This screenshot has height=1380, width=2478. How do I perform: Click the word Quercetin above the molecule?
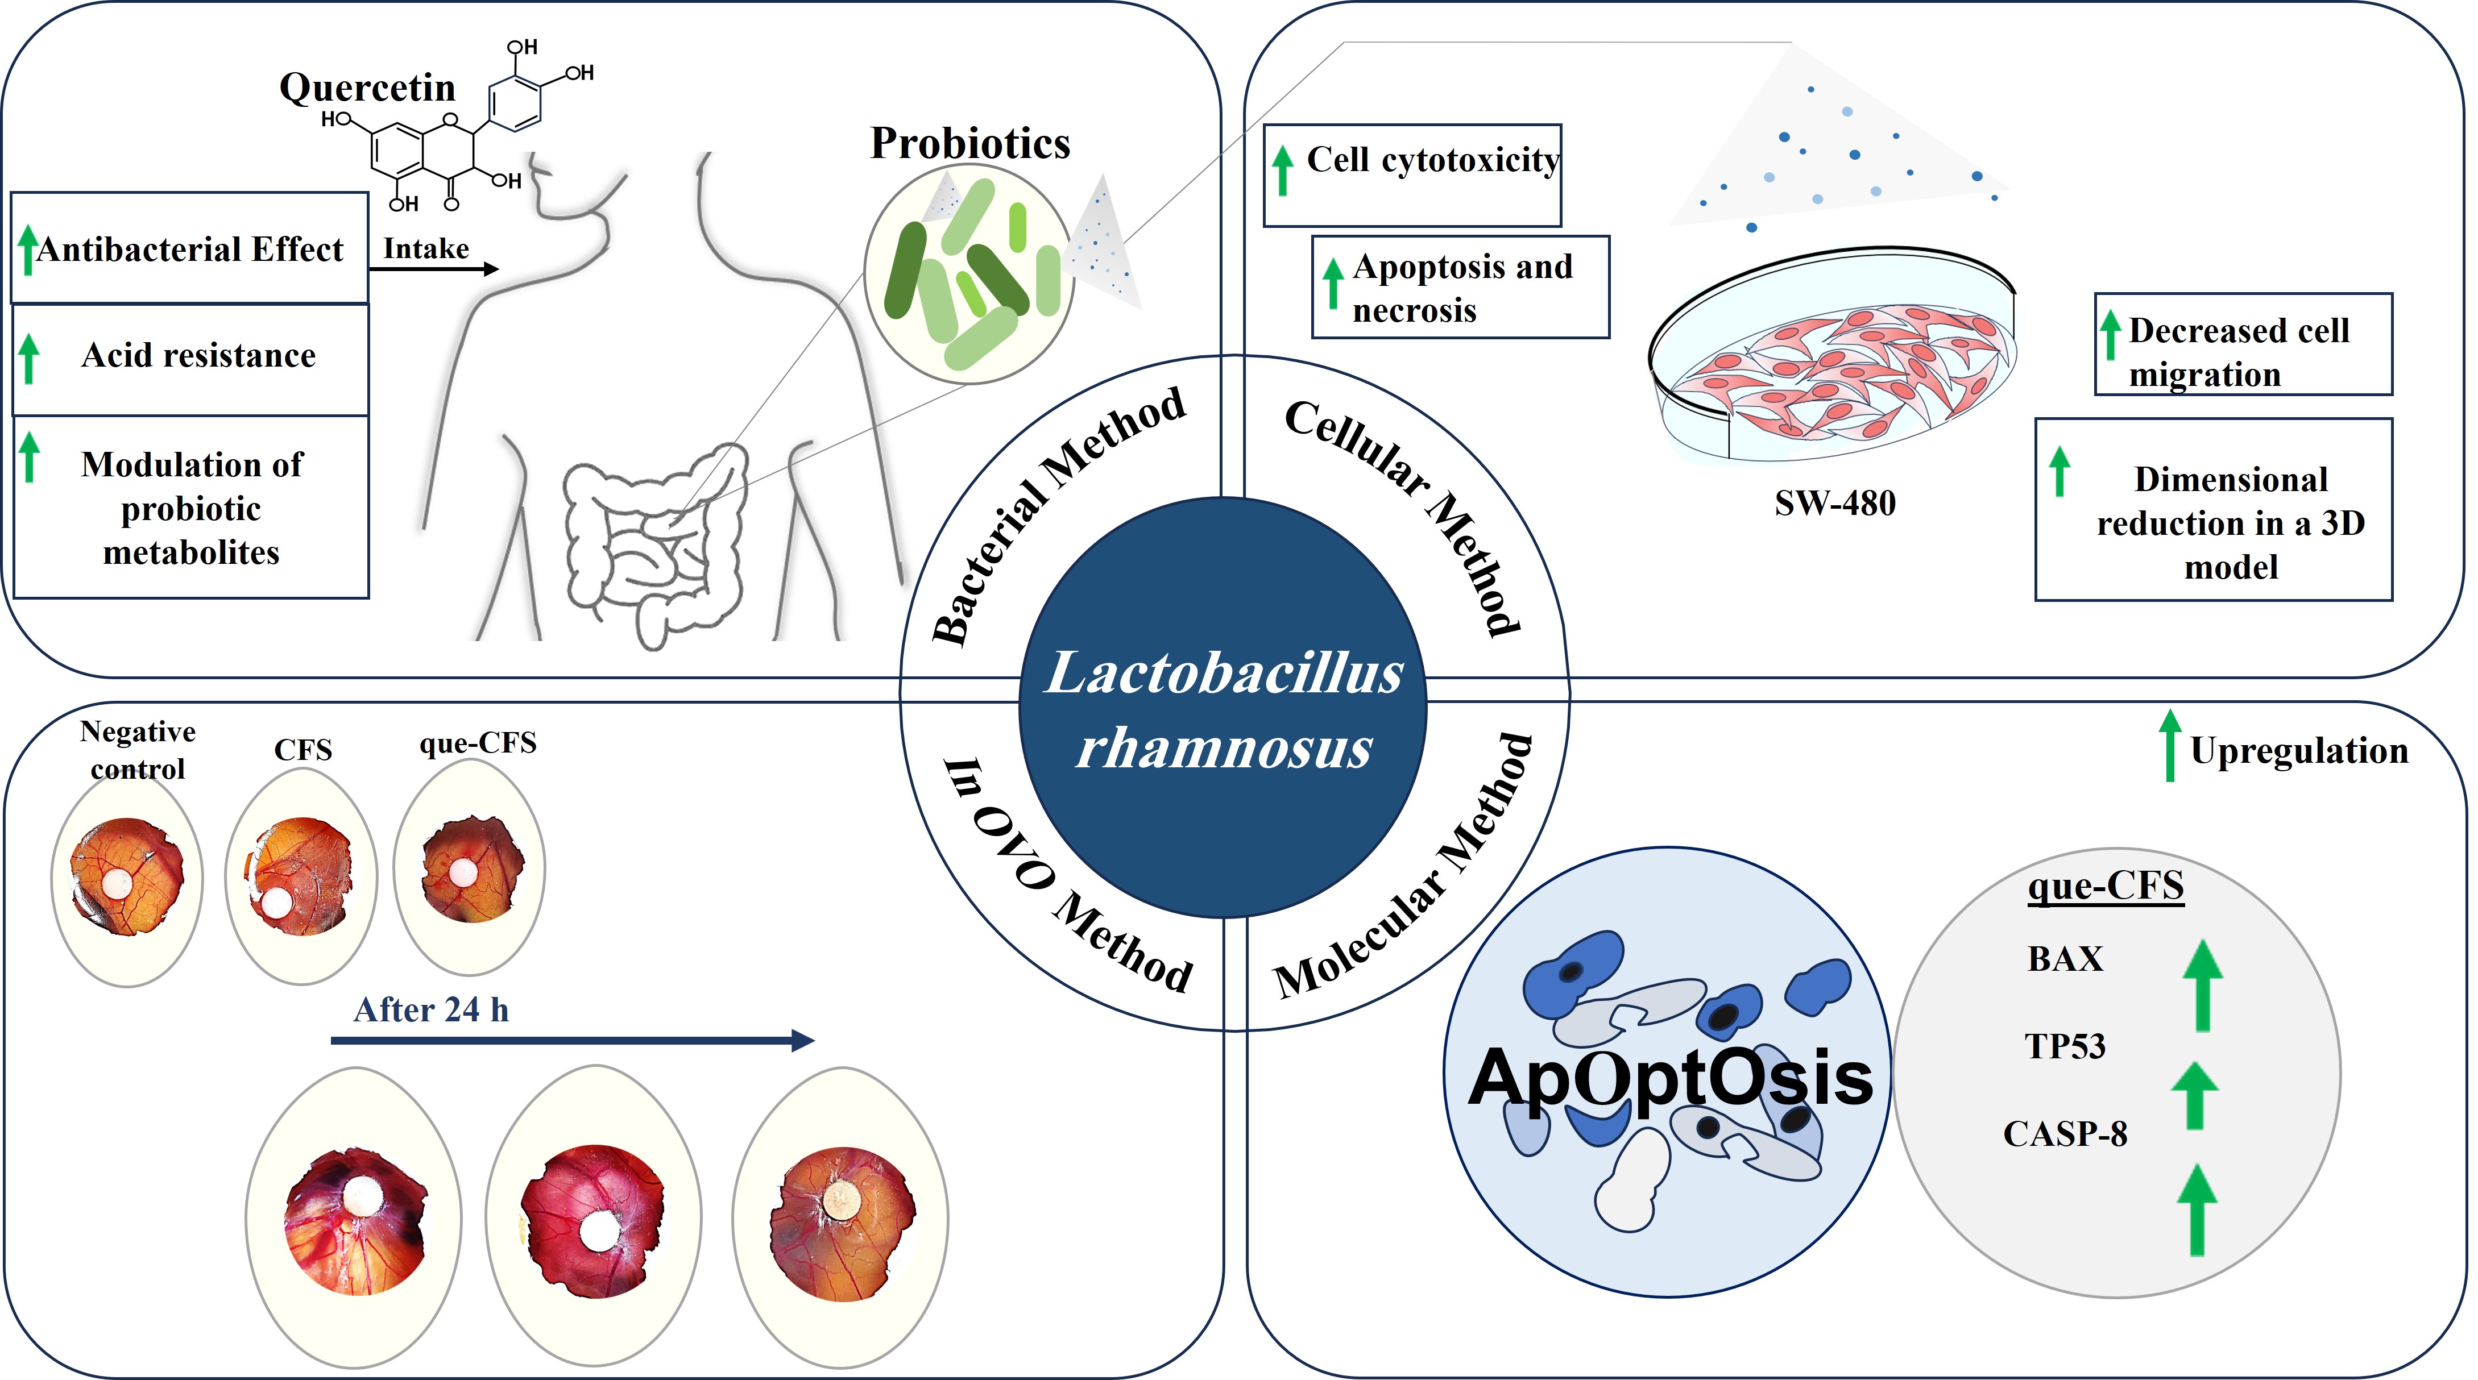(x=367, y=88)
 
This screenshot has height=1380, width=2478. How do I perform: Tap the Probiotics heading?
(x=969, y=143)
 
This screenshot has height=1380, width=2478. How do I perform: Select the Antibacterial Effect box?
(x=189, y=249)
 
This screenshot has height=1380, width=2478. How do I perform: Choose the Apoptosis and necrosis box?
(x=1460, y=288)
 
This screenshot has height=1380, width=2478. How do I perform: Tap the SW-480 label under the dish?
(x=1834, y=503)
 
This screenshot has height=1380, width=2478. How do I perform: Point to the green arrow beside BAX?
(x=2202, y=985)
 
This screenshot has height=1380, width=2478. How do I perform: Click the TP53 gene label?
(x=2065, y=1046)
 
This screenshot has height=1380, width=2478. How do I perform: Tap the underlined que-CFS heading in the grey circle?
(x=2106, y=885)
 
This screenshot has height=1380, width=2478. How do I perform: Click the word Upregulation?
(x=2299, y=751)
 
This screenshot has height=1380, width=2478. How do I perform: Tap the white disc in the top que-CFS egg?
(x=463, y=872)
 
